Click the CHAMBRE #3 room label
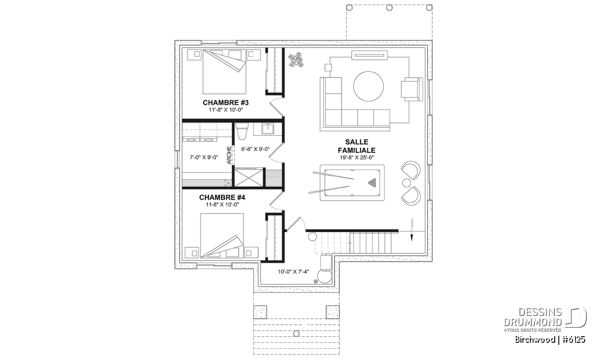coord(225,103)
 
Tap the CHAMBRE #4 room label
coord(222,197)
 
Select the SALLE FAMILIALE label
coord(357,146)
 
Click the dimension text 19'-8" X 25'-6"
coord(357,157)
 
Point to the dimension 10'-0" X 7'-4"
coord(293,271)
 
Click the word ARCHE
coord(229,155)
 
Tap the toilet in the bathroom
coord(242,131)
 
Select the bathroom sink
coord(268,129)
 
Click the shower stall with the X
coord(249,177)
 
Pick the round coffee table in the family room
coord(368,86)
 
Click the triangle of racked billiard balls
coord(372,182)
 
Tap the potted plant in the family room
coord(295,60)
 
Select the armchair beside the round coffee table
coord(412,89)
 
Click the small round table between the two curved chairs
coord(406,183)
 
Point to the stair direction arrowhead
coord(412,238)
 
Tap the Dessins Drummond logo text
coord(533,317)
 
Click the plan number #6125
coord(574,340)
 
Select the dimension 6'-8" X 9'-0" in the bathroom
coord(255,149)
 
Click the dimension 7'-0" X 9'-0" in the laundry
coord(204,157)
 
